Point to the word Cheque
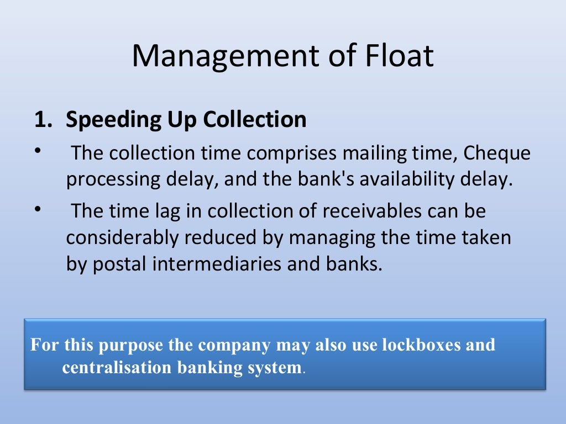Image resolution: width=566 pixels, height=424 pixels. click(x=497, y=153)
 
